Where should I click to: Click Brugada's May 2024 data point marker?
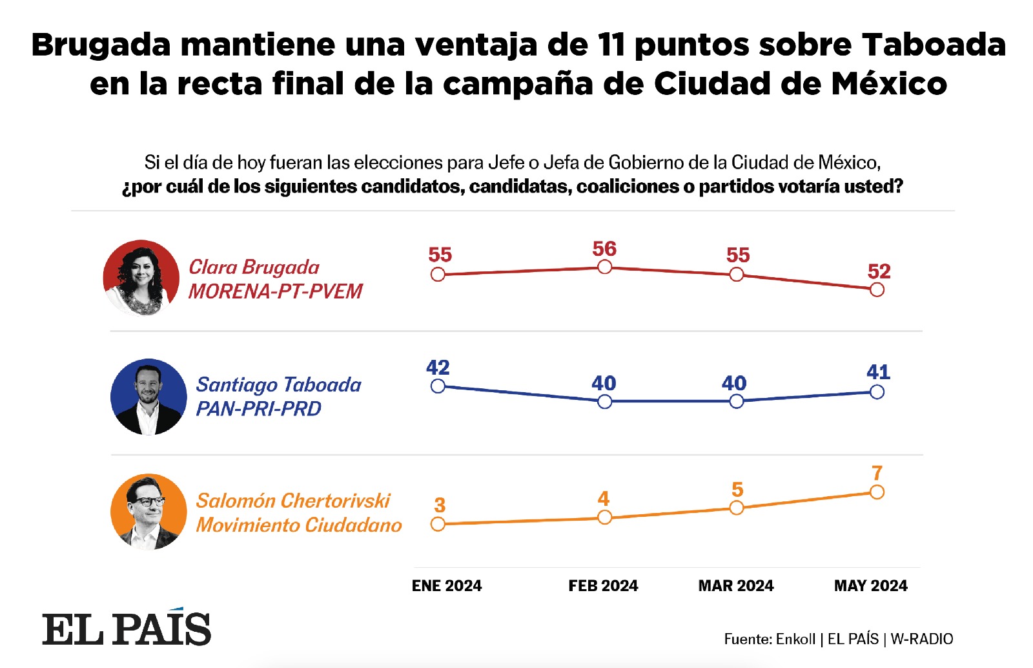coord(877,290)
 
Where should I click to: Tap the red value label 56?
coord(604,249)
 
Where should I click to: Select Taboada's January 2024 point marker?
coord(438,386)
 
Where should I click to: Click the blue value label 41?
coord(878,372)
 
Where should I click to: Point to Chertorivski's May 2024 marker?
coord(877,492)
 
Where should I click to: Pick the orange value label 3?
coord(440,505)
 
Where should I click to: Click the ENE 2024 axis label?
coord(447,586)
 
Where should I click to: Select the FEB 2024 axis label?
coord(603,586)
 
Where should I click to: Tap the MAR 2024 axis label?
coord(736,586)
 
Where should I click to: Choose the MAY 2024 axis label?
coord(870,586)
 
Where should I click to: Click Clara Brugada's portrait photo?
coord(141,278)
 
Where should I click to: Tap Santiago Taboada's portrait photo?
coord(148,397)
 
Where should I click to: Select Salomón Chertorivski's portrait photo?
coord(148,512)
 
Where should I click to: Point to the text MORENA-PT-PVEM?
coord(276,291)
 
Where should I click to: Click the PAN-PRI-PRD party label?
coord(258,409)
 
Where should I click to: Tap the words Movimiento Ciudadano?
coord(299,525)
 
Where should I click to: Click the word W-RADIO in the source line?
coord(921,639)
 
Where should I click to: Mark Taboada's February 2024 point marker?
coord(604,402)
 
